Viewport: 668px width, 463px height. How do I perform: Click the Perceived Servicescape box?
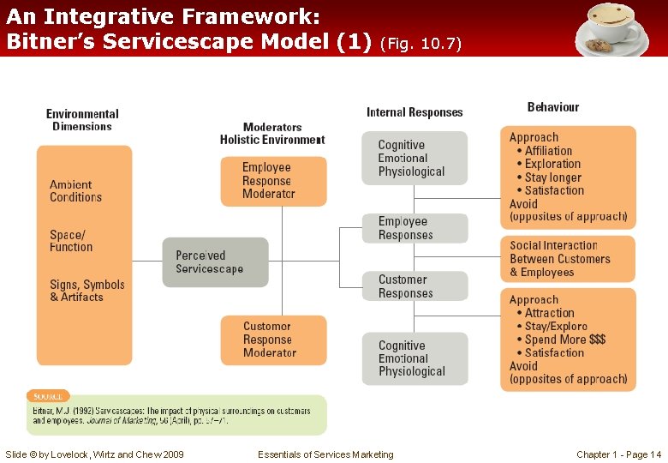(215, 262)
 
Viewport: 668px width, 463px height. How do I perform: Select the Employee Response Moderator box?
(273, 181)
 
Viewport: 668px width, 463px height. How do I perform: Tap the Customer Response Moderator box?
(273, 340)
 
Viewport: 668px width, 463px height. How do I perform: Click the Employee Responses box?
(415, 228)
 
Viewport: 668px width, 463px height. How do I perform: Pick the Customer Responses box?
(415, 286)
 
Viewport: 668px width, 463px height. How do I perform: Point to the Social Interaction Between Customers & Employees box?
(568, 259)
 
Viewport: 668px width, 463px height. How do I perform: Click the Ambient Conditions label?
(75, 191)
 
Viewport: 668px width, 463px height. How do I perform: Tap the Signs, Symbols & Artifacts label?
(86, 291)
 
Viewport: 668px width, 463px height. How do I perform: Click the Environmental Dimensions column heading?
(82, 120)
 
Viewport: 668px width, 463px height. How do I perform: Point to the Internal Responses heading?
(415, 112)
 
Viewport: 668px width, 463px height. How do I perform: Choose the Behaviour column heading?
(552, 107)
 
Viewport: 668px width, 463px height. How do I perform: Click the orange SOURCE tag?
(48, 396)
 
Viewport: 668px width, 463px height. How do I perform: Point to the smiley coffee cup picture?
(611, 28)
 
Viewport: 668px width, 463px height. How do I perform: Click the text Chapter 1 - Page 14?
(618, 454)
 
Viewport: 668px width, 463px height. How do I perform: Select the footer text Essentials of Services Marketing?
(325, 454)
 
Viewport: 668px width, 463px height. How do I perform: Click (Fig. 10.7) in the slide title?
(420, 44)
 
